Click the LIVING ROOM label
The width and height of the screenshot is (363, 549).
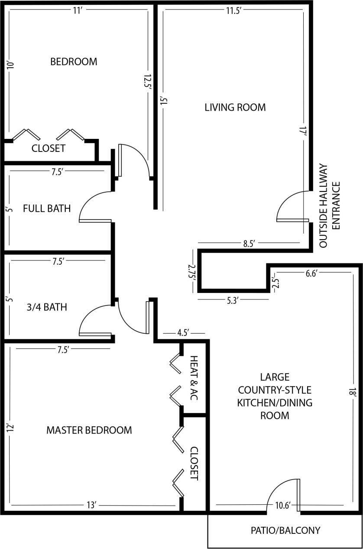click(x=235, y=107)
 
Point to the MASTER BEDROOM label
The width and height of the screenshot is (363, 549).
click(x=89, y=430)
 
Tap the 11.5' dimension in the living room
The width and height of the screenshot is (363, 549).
click(x=233, y=11)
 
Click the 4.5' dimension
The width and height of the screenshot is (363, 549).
click(x=183, y=333)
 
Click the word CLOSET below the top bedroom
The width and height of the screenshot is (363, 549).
click(x=49, y=148)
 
